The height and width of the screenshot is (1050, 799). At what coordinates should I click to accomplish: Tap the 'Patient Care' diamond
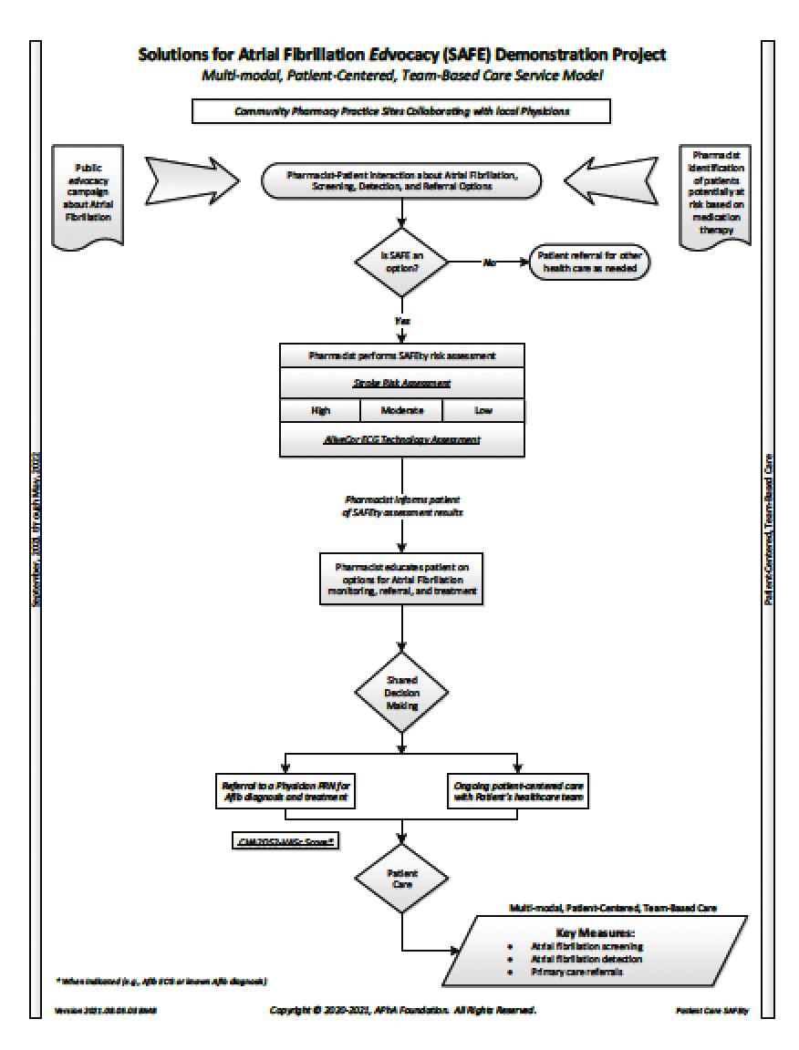click(x=401, y=878)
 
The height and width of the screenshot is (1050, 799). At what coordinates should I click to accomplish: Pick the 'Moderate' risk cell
click(x=401, y=411)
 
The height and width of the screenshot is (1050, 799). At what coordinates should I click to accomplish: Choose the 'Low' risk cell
click(x=483, y=411)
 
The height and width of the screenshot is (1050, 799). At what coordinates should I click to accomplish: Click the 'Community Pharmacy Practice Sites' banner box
click(x=400, y=111)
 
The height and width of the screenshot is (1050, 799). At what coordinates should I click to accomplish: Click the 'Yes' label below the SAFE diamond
click(x=401, y=321)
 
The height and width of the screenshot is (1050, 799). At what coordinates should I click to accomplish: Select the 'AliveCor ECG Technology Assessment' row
click(x=401, y=440)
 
